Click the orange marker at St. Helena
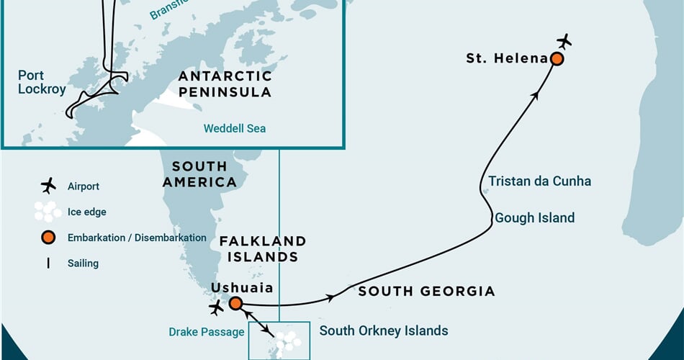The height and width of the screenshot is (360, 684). point(557,59)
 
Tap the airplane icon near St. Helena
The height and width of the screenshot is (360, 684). point(564,41)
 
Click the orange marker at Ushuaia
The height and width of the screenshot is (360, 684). point(235,303)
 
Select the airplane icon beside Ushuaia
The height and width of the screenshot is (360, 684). point(216,308)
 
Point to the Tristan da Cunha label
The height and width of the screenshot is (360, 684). point(539,181)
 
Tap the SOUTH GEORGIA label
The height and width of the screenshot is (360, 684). point(426,292)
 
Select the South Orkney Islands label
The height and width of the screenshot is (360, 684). point(383,331)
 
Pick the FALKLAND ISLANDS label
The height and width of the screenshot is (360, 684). point(263,248)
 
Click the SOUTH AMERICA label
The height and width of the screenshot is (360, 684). point(199,174)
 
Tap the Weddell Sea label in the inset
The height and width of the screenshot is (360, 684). point(234,128)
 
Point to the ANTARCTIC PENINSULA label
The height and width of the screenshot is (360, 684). point(225,84)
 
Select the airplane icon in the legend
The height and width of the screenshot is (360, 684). point(48,186)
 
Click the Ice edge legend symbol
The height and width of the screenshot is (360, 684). point(48,211)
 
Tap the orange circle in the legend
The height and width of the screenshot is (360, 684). point(48,238)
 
